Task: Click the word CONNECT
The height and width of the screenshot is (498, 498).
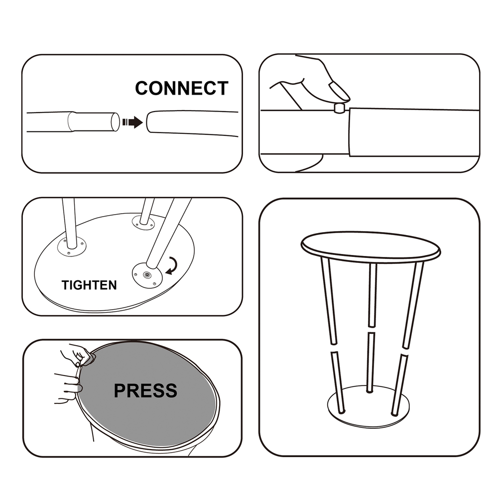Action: coord(182,88)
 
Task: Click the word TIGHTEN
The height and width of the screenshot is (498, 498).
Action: coord(89,285)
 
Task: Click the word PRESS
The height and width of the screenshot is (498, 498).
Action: coord(145,390)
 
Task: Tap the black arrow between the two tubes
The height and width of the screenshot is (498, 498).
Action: coord(133,122)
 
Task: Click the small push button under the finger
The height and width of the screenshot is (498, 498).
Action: coord(340,108)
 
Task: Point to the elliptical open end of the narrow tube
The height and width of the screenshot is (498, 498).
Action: coord(116,122)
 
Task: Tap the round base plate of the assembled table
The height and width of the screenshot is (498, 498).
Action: coord(369,407)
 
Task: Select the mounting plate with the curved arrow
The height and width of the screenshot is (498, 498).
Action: coord(147,275)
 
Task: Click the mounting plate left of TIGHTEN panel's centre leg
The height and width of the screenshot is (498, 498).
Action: coord(72,247)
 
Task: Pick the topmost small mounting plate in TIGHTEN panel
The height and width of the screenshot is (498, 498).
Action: coord(143,222)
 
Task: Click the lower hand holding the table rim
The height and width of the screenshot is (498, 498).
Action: coord(67,388)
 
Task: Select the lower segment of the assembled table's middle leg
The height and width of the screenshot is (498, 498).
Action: coord(371,363)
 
